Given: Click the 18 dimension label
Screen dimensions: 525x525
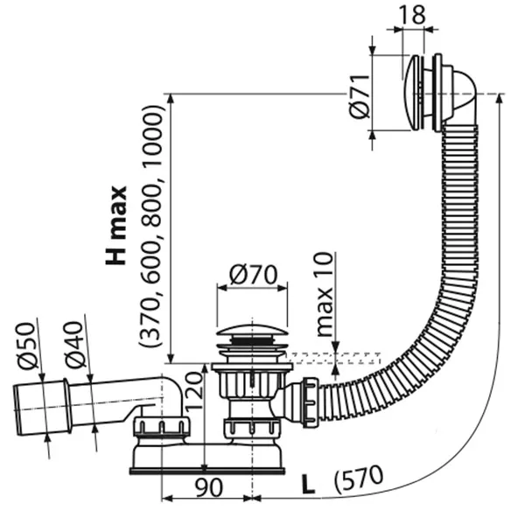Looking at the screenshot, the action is (x=413, y=14).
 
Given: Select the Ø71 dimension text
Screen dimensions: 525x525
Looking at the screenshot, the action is (x=360, y=97).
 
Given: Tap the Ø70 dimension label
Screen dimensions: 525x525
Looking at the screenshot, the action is (x=253, y=275).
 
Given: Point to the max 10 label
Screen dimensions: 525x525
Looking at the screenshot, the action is (x=325, y=294).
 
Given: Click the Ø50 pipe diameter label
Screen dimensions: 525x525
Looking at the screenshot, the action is (x=26, y=346).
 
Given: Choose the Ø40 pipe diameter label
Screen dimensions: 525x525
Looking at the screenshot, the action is (x=74, y=346).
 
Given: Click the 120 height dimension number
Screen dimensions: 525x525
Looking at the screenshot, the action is (x=193, y=391).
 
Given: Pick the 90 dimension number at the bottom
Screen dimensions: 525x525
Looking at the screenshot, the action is (x=208, y=488).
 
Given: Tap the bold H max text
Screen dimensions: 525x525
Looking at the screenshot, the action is (x=117, y=225).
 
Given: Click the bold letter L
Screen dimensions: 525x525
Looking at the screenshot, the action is (x=308, y=485).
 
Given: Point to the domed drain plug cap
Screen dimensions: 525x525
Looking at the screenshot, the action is (x=252, y=330).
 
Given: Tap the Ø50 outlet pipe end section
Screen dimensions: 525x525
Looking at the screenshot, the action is (x=41, y=408).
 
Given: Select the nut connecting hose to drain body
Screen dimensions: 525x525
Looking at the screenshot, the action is (x=310, y=402).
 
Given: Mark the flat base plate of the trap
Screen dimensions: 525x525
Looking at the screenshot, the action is (x=207, y=472).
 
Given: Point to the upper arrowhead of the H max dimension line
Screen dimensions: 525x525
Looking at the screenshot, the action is (x=171, y=100).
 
